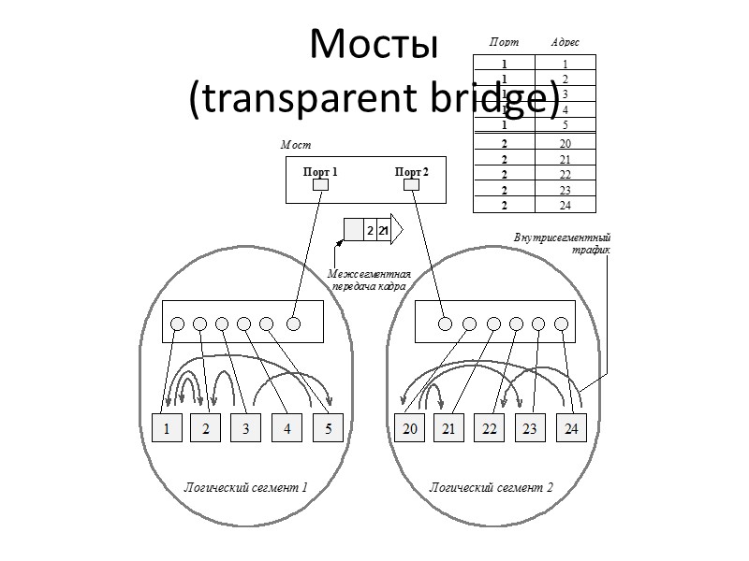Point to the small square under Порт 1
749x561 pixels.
coord(320,185)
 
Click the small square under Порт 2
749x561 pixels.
coord(411,185)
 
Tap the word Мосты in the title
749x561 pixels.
coord(374,44)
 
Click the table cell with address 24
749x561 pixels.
coord(565,206)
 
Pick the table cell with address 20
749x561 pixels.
coord(565,144)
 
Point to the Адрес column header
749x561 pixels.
coord(565,43)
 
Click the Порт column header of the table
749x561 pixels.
coord(504,43)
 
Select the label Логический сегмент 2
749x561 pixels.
coord(491,486)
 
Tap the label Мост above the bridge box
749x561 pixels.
coord(295,146)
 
